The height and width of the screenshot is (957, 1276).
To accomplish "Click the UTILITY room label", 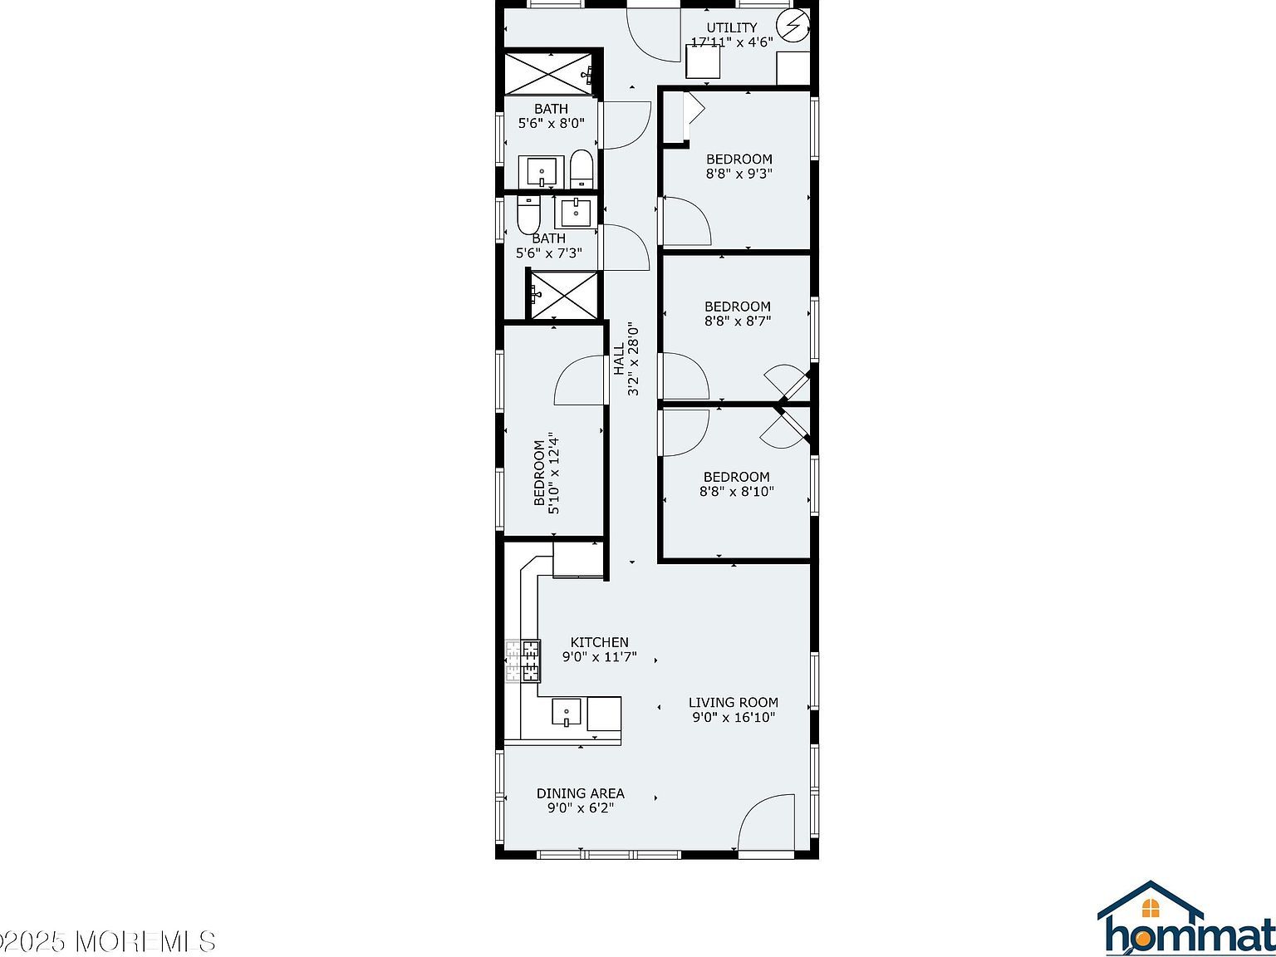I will point(732,27).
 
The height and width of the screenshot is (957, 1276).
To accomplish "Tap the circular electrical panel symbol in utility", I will point(793,27).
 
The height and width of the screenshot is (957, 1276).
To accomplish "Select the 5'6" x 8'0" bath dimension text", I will point(551,123).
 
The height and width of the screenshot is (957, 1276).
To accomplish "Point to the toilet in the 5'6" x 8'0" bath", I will point(582,169).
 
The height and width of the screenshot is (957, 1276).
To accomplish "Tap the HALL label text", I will point(619,359).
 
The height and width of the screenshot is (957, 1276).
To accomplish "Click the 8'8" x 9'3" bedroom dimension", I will point(739,174).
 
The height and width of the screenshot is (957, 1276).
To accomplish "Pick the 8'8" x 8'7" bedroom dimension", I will point(737,321).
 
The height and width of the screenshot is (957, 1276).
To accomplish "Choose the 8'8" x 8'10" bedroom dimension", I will point(736,491).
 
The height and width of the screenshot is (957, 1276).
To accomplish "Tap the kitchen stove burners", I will point(523,660).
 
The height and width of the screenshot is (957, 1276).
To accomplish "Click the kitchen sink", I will point(567,713).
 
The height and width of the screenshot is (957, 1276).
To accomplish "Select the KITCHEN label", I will point(599,642).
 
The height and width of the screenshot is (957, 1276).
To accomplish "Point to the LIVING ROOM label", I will point(733,702).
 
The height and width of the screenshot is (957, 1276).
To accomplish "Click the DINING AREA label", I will point(580,793).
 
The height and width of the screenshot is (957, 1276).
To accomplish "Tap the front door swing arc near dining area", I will point(766,822).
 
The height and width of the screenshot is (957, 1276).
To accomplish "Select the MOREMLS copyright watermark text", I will point(108,941).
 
